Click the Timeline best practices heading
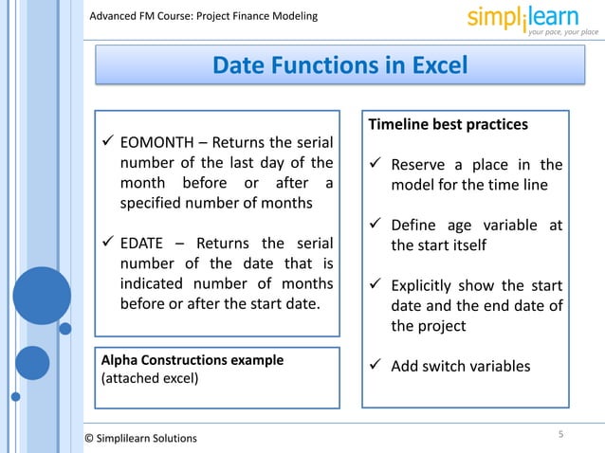448,124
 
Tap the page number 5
560,434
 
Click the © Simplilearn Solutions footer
141,438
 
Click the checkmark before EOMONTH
108,143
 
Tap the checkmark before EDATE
108,243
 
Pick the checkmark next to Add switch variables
376,366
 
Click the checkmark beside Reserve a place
376,164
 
